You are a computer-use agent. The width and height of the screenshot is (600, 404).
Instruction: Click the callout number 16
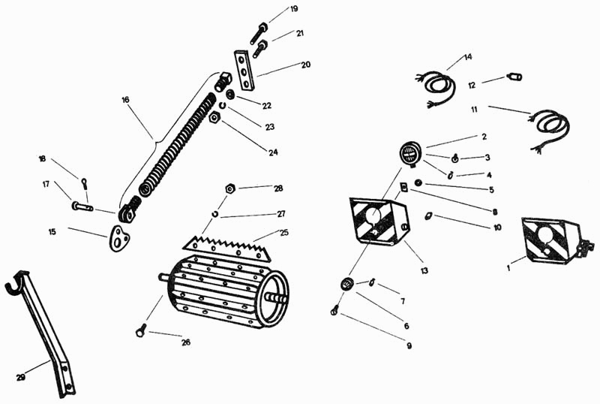click(125, 100)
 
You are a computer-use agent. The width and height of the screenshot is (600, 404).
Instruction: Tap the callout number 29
click(21, 378)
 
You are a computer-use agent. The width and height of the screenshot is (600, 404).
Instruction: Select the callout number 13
click(424, 270)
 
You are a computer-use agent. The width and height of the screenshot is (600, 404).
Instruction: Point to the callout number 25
click(284, 233)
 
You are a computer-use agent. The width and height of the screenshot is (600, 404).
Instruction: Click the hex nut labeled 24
click(214, 118)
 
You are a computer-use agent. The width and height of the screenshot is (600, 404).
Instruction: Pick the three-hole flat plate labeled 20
click(244, 70)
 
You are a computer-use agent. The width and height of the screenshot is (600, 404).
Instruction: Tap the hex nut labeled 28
click(230, 188)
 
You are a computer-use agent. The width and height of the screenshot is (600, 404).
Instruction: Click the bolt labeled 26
click(141, 330)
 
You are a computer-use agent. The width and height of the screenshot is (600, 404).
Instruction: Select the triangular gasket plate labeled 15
click(118, 238)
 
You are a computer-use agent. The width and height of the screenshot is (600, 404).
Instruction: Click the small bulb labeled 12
click(514, 77)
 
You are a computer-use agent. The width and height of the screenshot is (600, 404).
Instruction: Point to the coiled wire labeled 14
click(436, 88)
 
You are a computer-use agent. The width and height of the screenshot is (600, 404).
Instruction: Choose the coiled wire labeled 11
click(549, 131)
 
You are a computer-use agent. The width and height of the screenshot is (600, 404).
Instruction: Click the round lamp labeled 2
click(410, 153)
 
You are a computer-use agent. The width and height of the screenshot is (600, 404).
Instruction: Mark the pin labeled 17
click(82, 207)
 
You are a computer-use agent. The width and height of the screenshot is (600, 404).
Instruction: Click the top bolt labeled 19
click(258, 33)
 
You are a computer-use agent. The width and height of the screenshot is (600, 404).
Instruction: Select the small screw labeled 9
click(334, 310)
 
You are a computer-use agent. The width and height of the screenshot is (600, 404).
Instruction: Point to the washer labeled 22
click(230, 94)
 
